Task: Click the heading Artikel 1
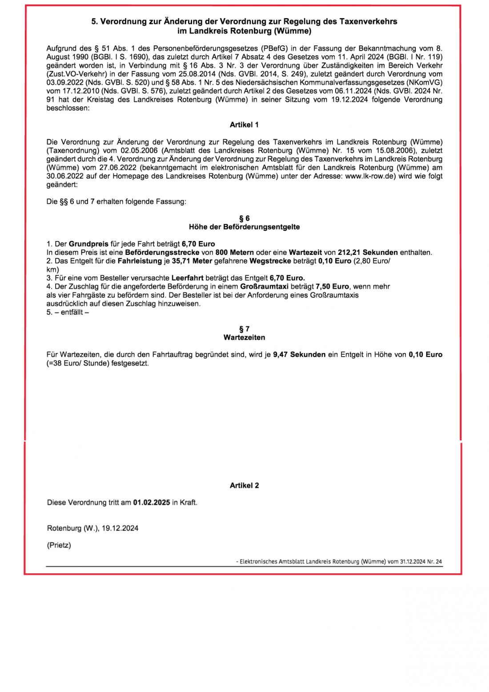(244, 125)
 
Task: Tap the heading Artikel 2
(244, 486)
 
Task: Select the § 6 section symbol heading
(244, 218)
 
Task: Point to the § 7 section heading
(244, 329)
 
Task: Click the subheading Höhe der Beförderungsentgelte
(244, 227)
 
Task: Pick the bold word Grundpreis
(88, 244)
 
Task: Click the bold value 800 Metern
(234, 253)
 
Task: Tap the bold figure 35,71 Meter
(192, 261)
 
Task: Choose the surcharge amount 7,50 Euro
(332, 287)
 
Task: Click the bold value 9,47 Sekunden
(299, 355)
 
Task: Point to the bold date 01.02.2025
(152, 503)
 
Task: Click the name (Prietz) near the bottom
(59, 545)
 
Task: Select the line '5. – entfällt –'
(68, 312)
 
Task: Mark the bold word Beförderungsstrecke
(162, 253)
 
